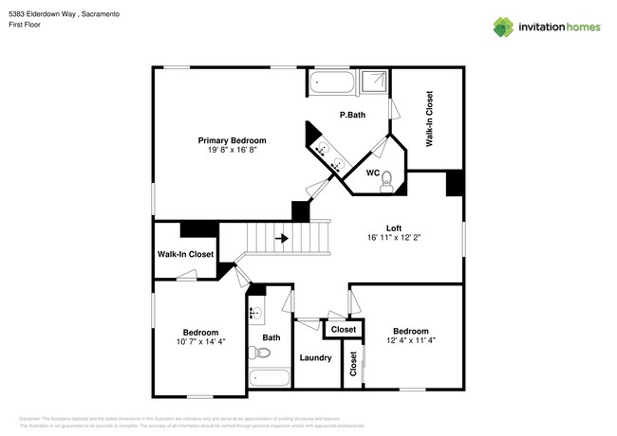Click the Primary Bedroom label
(232, 140)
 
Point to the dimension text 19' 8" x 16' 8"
(232, 150)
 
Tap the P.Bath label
(352, 115)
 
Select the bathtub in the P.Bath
(332, 83)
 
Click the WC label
(373, 173)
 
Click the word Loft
(394, 227)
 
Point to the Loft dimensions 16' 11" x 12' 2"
(394, 238)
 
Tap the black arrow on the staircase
(282, 239)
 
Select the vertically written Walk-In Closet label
(429, 118)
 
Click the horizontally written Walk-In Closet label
(185, 254)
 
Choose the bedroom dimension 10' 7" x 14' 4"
(200, 341)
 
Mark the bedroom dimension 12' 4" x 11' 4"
(412, 341)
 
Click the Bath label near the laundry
(271, 337)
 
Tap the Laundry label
(315, 357)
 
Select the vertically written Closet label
(353, 365)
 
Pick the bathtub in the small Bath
(271, 378)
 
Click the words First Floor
(29, 27)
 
